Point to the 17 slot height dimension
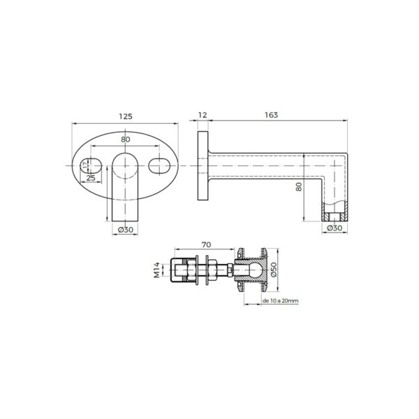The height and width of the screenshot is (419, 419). [x=85, y=166]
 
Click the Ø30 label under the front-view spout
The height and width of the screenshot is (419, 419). [x=126, y=228]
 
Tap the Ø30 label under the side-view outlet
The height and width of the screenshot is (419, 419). [x=336, y=228]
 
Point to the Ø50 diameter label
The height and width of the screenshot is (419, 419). [x=275, y=270]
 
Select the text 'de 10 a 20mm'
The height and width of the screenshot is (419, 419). [x=280, y=301]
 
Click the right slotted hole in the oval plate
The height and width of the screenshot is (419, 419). [x=159, y=166]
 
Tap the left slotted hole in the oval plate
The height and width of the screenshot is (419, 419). [x=91, y=166]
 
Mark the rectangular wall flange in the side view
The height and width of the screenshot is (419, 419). [x=203, y=166]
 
